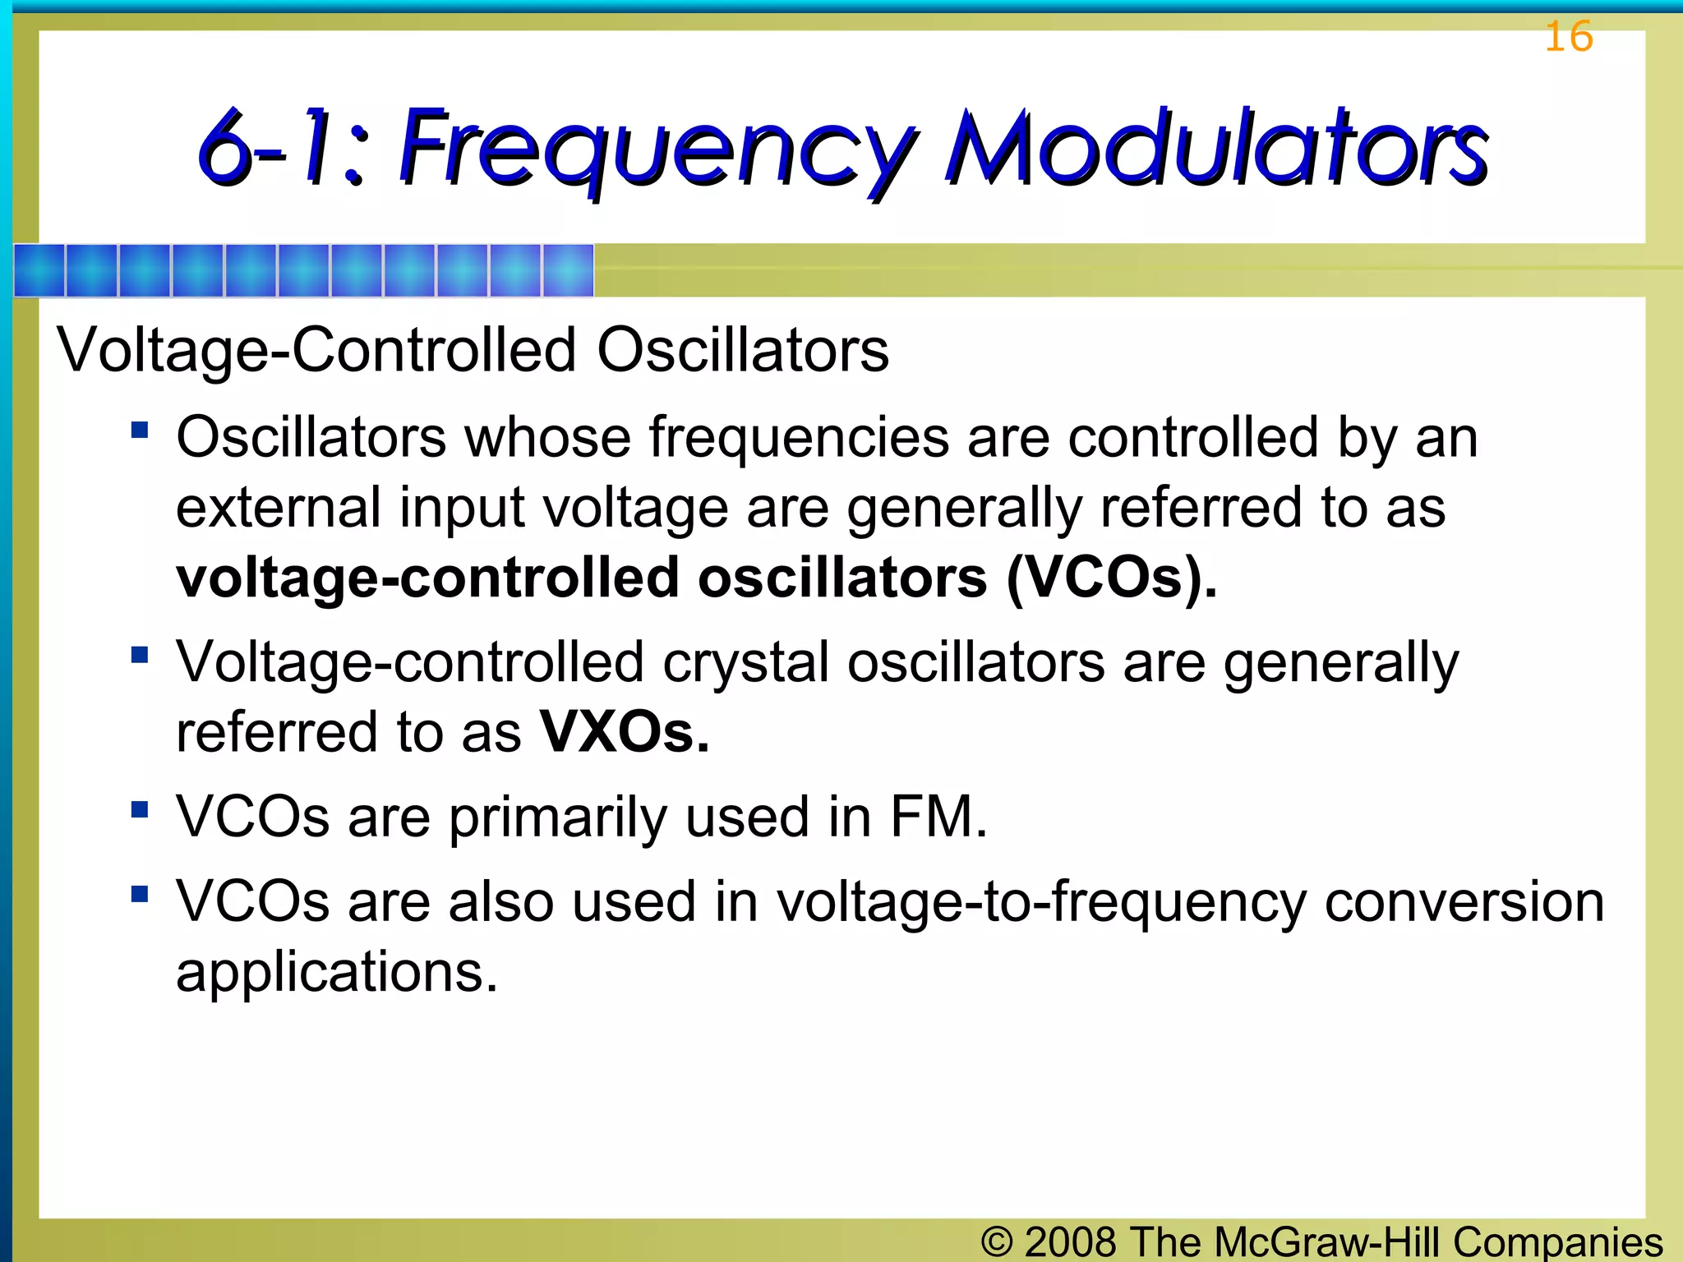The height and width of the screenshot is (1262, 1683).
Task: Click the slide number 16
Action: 1568,37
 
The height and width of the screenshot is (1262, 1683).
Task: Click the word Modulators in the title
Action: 1216,148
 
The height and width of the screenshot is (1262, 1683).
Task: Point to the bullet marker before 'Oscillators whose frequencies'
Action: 140,430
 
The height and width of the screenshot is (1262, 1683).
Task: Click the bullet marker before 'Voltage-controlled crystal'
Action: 140,655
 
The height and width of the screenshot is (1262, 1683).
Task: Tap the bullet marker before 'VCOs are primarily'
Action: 140,810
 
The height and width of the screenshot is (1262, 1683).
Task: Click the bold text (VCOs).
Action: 1111,578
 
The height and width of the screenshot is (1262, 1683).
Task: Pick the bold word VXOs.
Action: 624,732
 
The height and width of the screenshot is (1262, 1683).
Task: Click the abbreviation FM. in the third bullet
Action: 938,817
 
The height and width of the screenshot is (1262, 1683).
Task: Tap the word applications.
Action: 337,973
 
